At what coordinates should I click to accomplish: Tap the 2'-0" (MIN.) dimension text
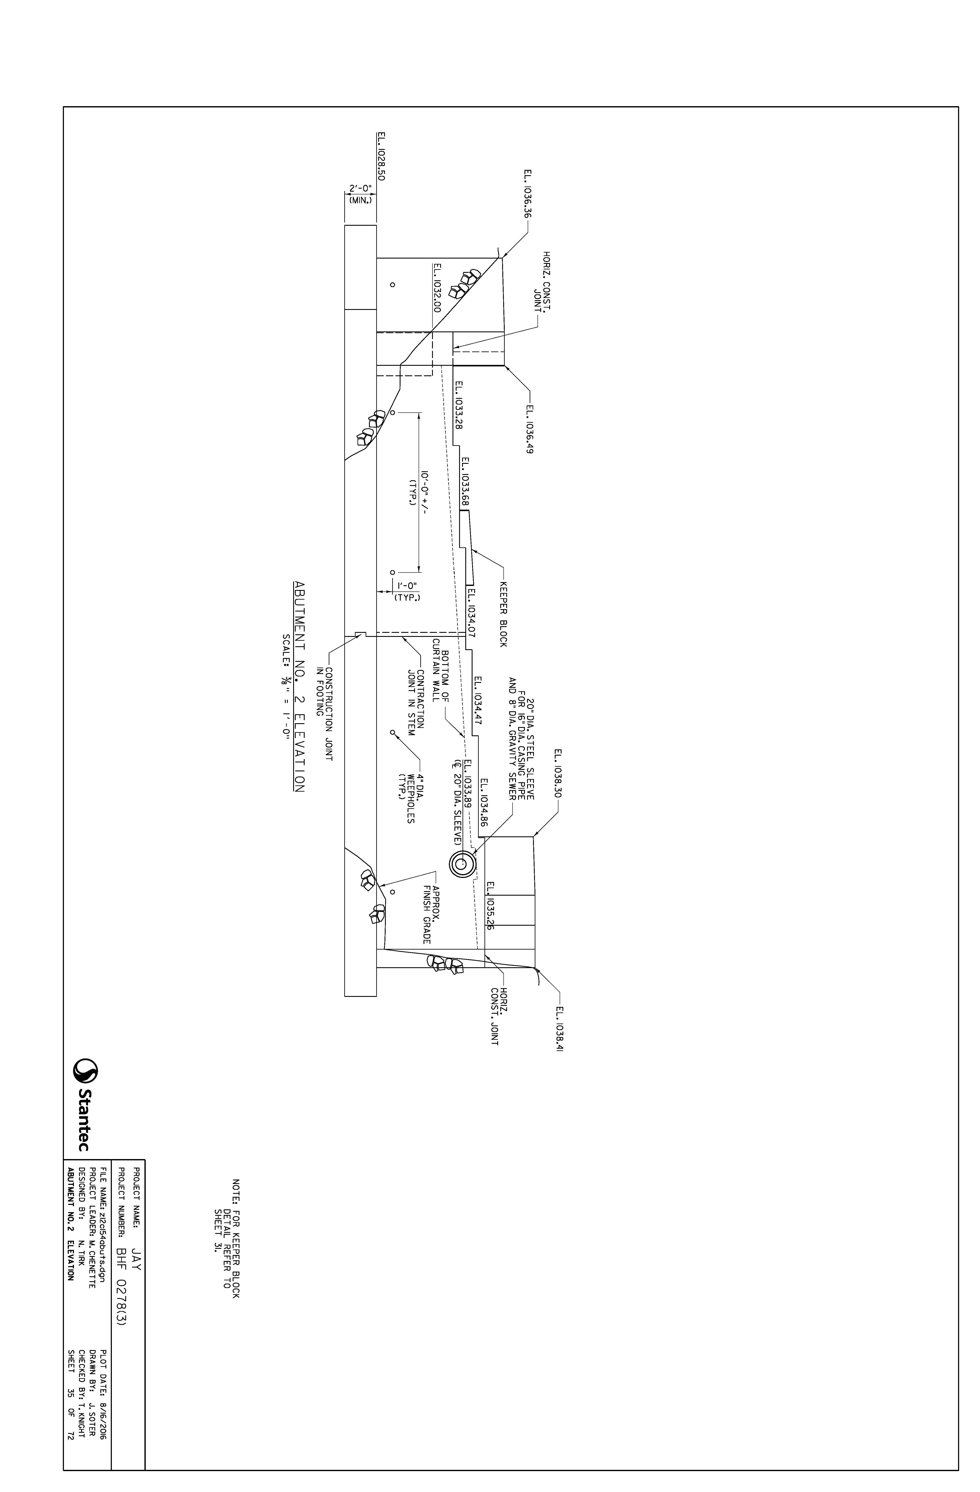[360, 192]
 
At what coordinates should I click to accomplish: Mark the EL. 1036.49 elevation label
[529, 429]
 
